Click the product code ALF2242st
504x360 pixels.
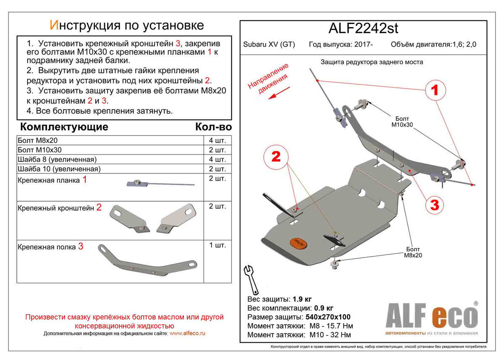(x=362, y=29)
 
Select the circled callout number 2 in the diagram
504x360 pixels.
(x=276, y=157)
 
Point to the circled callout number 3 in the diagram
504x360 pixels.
(x=435, y=205)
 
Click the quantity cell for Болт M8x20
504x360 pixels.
(x=217, y=140)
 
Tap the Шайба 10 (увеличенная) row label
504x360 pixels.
(x=59, y=169)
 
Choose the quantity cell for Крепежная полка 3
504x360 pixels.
(x=217, y=245)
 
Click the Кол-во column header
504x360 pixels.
(x=213, y=127)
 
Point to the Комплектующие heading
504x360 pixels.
(x=64, y=127)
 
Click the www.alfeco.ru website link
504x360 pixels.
(x=188, y=334)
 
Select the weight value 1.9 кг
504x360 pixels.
(x=302, y=300)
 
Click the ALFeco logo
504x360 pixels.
(x=431, y=317)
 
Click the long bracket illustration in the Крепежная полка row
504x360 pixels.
(x=147, y=260)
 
